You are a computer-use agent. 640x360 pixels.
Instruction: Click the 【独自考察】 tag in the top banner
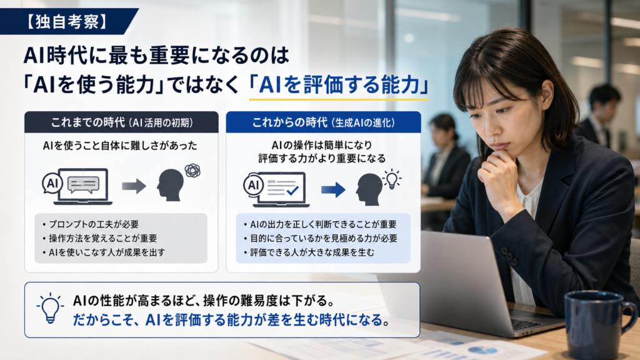tap(67, 22)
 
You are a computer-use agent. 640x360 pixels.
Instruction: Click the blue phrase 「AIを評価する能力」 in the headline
tap(339, 85)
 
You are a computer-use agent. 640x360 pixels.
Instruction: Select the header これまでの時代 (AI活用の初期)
tap(122, 122)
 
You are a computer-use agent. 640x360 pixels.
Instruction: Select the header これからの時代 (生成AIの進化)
tap(324, 122)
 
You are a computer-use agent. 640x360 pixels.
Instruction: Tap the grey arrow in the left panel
tap(134, 186)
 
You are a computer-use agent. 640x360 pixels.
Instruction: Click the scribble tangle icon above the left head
tap(192, 170)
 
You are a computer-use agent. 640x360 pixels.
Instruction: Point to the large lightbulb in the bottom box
tap(50, 308)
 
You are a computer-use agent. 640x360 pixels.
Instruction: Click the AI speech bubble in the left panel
tap(52, 183)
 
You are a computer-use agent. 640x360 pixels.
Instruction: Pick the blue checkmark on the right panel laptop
tap(292, 190)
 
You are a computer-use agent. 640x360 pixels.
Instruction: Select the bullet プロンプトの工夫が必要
tap(91, 224)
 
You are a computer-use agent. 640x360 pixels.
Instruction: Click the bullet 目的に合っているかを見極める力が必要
tap(321, 238)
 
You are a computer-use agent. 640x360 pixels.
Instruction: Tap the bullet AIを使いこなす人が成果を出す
tap(104, 252)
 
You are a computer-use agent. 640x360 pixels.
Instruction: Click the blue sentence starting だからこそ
tap(231, 319)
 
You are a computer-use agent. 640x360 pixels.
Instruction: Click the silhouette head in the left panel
tap(170, 185)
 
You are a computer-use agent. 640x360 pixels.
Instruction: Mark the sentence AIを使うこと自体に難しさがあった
tap(120, 145)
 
